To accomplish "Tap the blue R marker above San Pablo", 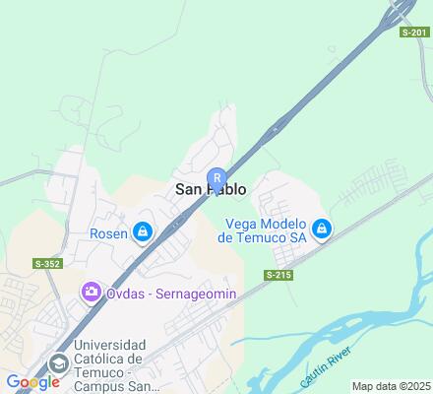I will (x=216, y=178).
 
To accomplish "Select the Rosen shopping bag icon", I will (x=144, y=232).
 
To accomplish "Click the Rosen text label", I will (x=109, y=233).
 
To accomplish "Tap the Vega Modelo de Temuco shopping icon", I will (x=320, y=230).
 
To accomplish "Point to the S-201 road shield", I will (x=415, y=33).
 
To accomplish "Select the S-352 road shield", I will (x=47, y=263).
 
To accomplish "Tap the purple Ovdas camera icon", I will (x=91, y=291).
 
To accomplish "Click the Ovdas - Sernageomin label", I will (x=158, y=292).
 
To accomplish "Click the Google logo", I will (x=32, y=382).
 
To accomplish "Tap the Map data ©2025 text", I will (x=391, y=386).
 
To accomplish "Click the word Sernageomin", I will (x=176, y=292).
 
